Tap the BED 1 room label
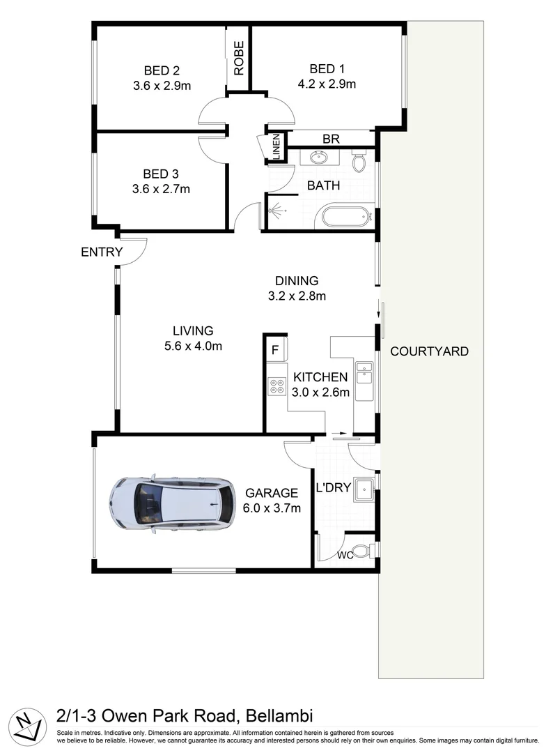(327, 69)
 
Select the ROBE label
(239, 59)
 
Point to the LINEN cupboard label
(276, 147)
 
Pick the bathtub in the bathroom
(345, 216)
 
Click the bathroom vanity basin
(320, 157)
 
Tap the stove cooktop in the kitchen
(276, 386)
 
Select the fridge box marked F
(275, 350)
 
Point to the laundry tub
(364, 489)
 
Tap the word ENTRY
(102, 252)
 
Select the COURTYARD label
(429, 351)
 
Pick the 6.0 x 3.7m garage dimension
(272, 508)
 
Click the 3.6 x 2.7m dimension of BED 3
(161, 188)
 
